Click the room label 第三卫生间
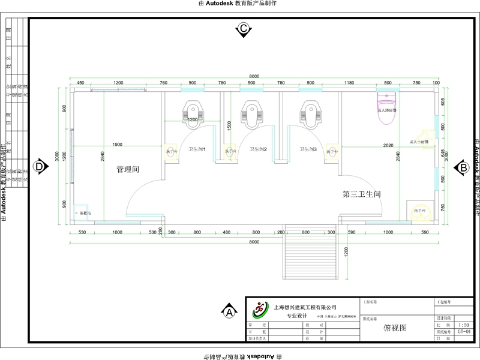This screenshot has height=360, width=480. [362, 194]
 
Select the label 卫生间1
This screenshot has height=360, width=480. [197, 149]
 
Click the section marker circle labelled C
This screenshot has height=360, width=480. [244, 29]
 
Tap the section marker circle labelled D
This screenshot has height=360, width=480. [40, 166]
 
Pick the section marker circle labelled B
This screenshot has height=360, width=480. [463, 168]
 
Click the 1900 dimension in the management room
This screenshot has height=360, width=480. [118, 145]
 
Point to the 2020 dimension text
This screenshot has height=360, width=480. [388, 145]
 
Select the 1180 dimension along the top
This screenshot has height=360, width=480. [349, 83]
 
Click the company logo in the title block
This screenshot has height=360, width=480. [260, 310]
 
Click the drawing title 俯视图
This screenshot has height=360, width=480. [395, 328]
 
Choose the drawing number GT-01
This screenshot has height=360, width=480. [463, 331]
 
